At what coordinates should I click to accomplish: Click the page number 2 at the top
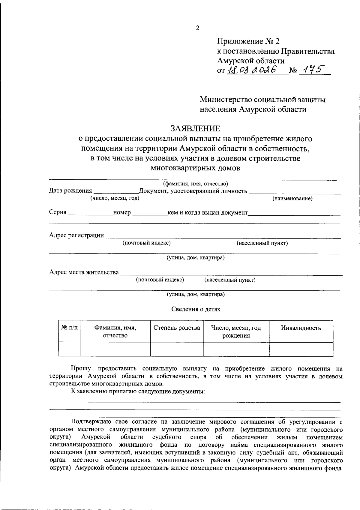[197, 28]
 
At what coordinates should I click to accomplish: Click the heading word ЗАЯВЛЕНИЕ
[195, 129]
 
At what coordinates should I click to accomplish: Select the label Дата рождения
[70, 191]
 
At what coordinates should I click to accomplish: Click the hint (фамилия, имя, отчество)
[195, 184]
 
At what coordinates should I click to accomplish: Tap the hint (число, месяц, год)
[115, 198]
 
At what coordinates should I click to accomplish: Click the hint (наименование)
[292, 198]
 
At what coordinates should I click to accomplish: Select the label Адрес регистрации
[76, 235]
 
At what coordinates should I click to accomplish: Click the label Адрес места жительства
[84, 272]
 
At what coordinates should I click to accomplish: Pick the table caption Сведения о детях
[196, 309]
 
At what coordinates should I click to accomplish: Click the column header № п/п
[69, 328]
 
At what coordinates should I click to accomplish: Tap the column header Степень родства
[177, 328]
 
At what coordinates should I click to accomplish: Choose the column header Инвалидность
[301, 328]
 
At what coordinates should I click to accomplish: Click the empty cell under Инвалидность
[301, 349]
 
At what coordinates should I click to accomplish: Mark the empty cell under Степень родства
[177, 349]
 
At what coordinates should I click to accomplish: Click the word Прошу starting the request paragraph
[81, 368]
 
